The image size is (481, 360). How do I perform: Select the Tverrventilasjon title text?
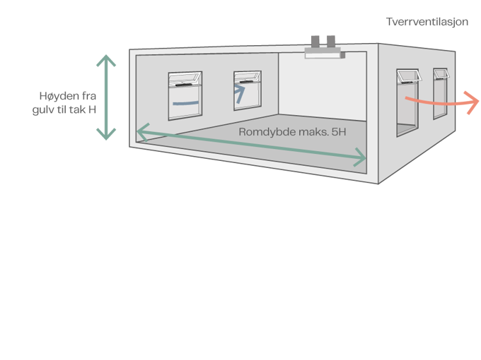pyautogui.click(x=427, y=23)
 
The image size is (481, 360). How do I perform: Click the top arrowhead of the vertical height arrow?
pyautogui.click(x=106, y=58)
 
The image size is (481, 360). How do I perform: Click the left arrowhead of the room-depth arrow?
pyautogui.click(x=141, y=130)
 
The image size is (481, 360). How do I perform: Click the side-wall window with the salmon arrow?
pyautogui.click(x=406, y=102)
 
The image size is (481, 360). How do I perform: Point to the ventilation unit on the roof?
pyautogui.click(x=323, y=47)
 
